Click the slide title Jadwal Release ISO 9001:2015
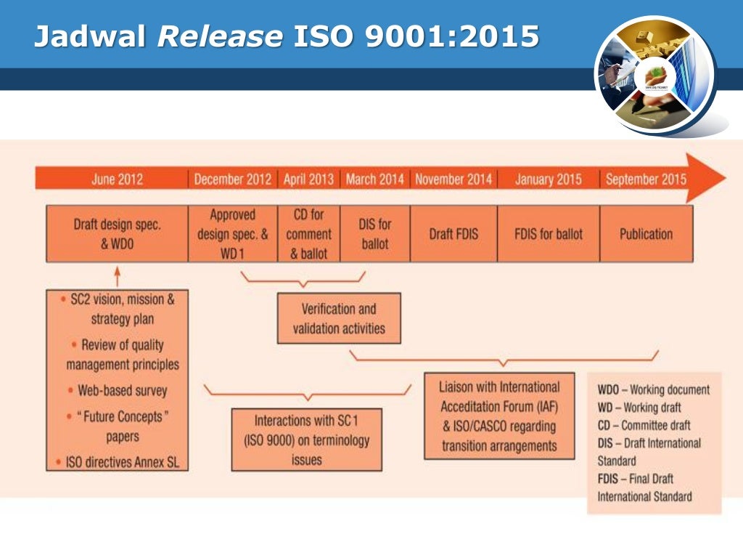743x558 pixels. tap(287, 36)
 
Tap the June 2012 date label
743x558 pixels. tap(117, 179)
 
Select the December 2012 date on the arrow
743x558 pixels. tap(232, 179)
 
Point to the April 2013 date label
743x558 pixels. tap(308, 179)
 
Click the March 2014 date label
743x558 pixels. tap(374, 179)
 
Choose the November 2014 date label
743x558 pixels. tap(453, 179)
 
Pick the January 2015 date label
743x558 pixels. tap(548, 179)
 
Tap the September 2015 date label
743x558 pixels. tap(646, 179)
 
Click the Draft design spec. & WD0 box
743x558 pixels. tap(117, 234)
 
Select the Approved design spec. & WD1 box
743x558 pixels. tap(232, 234)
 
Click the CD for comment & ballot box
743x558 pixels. tap(308, 234)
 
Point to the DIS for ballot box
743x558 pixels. tap(374, 234)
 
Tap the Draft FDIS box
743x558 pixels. tap(453, 234)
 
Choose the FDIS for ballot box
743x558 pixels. tap(548, 234)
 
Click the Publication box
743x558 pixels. tap(646, 234)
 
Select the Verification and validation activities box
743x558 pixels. tap(339, 318)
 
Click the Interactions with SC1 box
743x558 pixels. tap(306, 440)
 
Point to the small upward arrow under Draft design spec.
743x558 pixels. tap(117, 275)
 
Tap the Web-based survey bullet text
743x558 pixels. tap(122, 390)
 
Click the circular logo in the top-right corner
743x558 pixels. tap(654, 75)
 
